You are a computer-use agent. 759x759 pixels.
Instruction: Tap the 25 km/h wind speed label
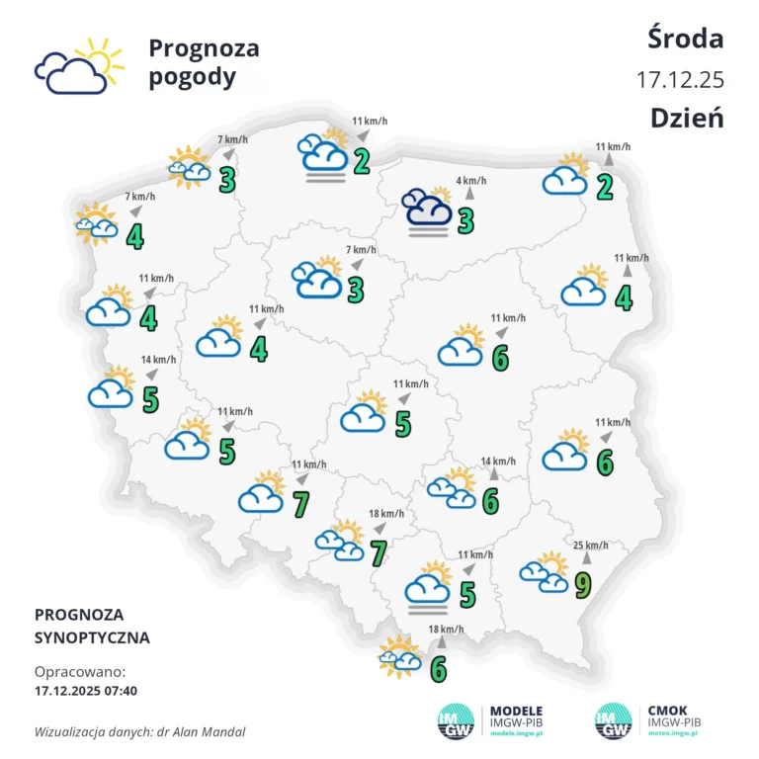[590, 545]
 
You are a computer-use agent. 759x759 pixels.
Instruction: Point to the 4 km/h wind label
[471, 182]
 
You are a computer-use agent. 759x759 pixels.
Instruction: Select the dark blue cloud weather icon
[427, 209]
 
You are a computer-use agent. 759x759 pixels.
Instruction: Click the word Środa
[686, 39]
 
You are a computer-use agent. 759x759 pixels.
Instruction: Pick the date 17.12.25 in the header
[680, 78]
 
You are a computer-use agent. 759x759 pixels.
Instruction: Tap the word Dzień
[687, 117]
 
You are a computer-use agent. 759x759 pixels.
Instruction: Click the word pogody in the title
[193, 77]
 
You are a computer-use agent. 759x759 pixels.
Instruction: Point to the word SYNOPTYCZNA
[92, 637]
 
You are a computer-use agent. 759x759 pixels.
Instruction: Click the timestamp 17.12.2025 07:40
[85, 690]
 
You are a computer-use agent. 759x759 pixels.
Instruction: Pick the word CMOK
[668, 710]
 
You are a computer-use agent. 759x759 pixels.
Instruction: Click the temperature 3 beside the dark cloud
[465, 221]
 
